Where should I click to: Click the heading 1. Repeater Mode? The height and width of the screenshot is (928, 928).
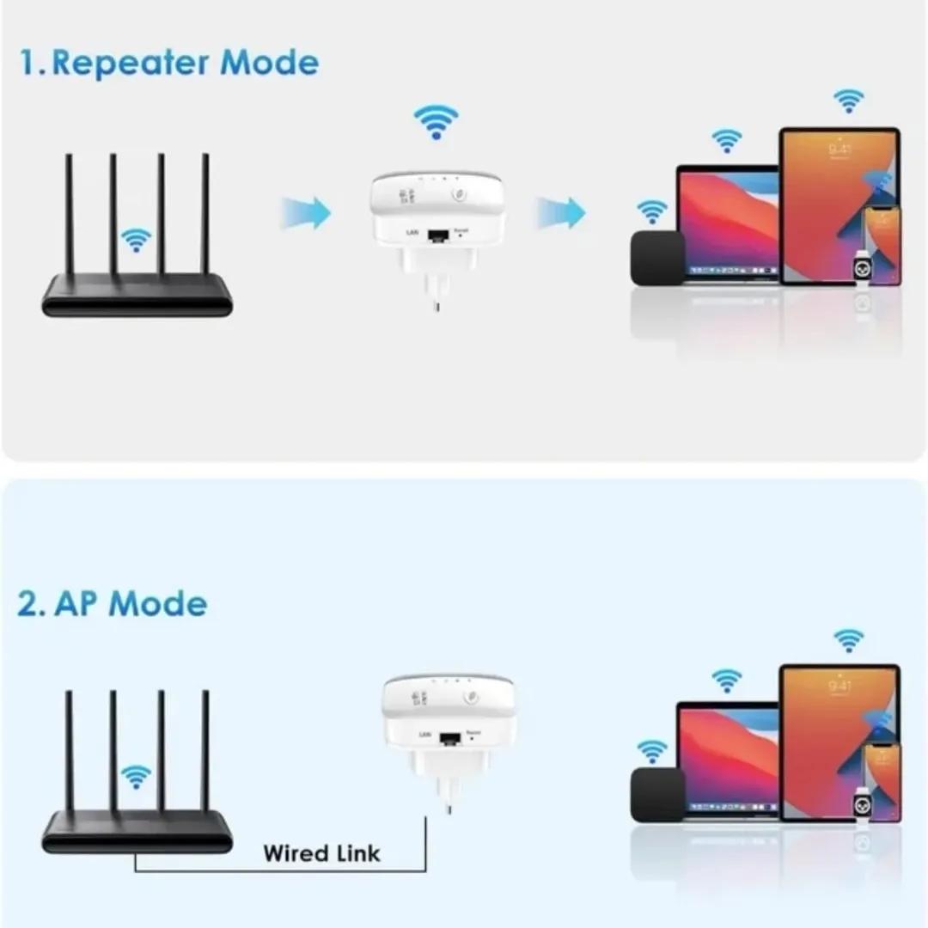click(168, 64)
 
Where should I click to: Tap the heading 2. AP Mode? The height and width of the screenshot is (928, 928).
click(113, 603)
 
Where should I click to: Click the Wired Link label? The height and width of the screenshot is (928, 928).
click(321, 853)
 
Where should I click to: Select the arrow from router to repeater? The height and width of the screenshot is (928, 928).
click(306, 212)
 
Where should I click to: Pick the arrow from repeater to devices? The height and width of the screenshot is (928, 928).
click(560, 212)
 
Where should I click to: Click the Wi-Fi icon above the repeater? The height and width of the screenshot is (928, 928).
click(437, 121)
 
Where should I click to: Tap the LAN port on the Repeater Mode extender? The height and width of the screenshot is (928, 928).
click(440, 235)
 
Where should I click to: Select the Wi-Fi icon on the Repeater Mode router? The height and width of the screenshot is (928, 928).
click(136, 240)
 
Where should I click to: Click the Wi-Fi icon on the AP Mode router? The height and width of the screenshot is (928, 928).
click(136, 777)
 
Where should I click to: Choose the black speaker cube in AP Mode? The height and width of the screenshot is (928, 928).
click(657, 795)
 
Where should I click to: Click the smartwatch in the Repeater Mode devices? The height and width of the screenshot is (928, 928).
click(861, 269)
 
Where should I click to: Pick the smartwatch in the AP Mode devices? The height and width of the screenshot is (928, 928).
click(861, 805)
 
